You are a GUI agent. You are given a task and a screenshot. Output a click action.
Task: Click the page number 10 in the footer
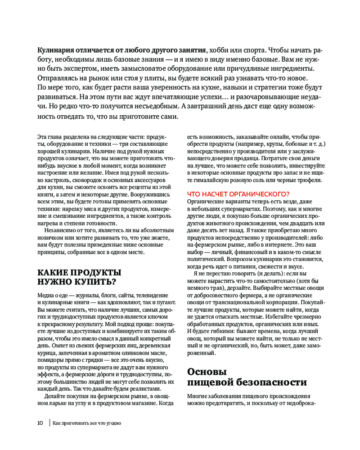click(40, 423)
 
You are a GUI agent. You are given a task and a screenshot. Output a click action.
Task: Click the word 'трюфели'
click(310, 180)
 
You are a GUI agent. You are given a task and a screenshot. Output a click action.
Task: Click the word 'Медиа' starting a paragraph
click(45, 295)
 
